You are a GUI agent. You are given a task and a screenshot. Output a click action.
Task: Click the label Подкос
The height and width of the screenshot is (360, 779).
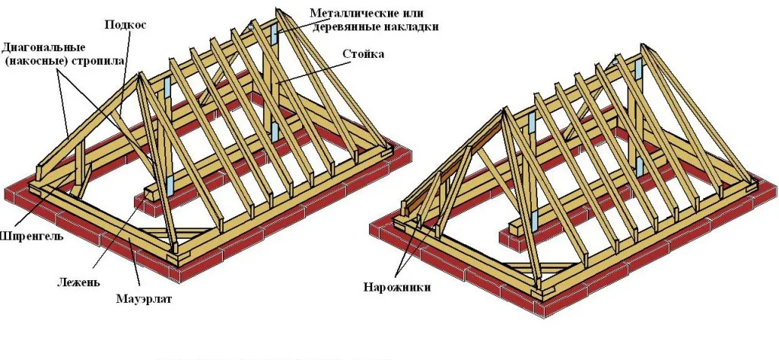point(126,24)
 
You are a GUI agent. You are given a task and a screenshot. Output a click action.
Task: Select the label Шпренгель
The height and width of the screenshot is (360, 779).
point(25,235)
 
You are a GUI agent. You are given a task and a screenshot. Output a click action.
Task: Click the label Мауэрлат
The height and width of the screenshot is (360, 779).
point(145,298)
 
